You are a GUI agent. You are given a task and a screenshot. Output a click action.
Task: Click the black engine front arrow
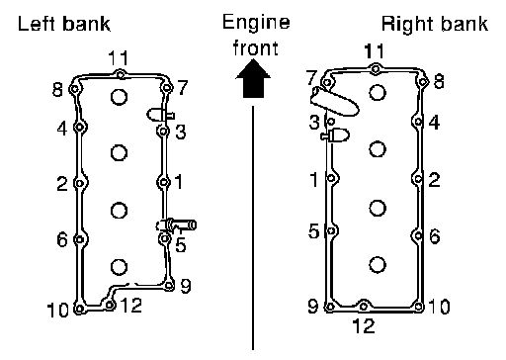coord(253,79)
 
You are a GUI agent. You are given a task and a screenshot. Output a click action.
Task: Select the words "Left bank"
coord(64,24)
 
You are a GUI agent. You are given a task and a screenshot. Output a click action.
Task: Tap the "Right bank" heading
coord(435,24)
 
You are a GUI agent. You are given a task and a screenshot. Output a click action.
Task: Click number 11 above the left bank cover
coord(118,58)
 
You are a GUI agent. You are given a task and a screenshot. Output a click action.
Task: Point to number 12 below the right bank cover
coord(364,326)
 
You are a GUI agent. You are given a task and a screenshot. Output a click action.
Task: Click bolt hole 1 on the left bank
coord(163,182)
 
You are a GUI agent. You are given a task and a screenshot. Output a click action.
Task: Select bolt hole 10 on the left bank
coord(79,309)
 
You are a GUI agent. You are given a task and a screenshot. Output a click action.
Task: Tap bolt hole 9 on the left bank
coord(169,285)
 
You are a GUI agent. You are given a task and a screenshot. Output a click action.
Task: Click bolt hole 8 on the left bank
coord(75,89)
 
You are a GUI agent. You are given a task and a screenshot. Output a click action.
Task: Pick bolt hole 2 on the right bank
coord(418,179)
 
